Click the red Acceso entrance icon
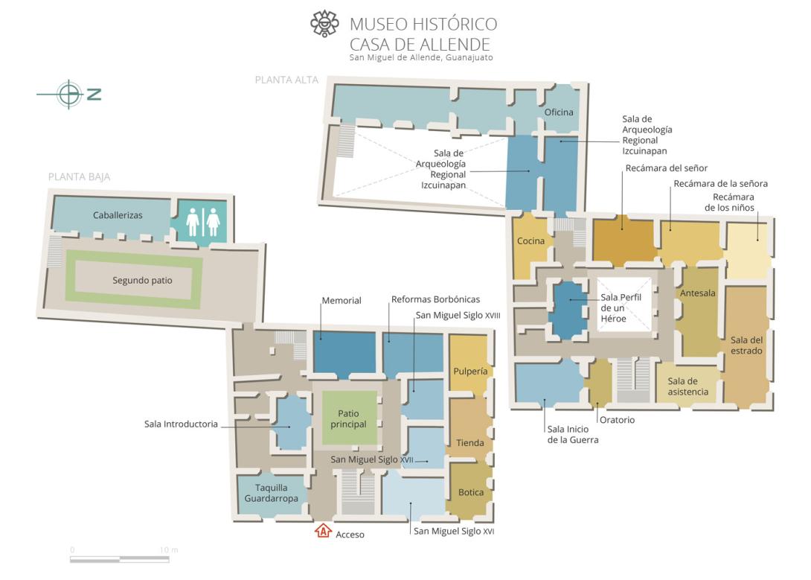323,531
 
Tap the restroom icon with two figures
203,222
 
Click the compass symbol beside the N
68,94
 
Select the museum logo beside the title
324,23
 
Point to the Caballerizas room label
118,215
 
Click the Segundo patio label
142,281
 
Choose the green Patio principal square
350,418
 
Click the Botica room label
471,493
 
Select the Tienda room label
470,443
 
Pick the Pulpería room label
470,372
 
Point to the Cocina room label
530,241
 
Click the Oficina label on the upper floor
559,112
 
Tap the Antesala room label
698,293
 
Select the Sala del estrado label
746,345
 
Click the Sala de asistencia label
688,386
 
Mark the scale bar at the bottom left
120,559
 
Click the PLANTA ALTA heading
286,80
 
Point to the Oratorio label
617,420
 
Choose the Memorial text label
342,301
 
